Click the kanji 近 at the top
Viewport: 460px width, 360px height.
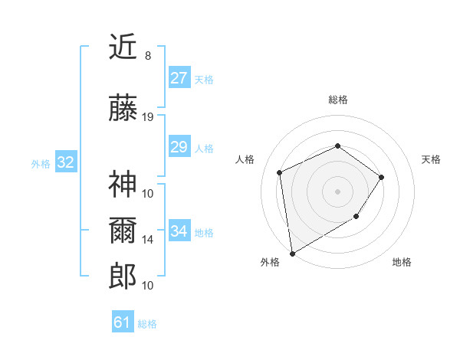pos(123,48)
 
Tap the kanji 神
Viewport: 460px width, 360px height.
pos(123,184)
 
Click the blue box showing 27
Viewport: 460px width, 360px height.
pos(179,78)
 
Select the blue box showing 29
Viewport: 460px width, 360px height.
pos(179,147)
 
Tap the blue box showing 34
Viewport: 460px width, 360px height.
pos(179,231)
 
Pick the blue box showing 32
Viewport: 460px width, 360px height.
pos(65,162)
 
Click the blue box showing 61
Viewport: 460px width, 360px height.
pos(122,322)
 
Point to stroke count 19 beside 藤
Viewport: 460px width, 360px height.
pos(148,117)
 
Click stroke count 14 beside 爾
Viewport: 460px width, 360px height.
pos(148,240)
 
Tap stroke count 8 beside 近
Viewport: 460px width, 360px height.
pos(148,56)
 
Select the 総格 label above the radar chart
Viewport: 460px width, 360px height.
pos(337,100)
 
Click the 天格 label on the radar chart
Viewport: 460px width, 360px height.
pos(431,159)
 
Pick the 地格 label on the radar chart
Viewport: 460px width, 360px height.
pos(402,262)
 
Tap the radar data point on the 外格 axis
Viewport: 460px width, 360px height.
pos(291,253)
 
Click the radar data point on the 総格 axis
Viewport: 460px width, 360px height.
pos(337,146)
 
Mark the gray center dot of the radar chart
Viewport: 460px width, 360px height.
pos(337,190)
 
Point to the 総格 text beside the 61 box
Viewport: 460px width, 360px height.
pos(147,324)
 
